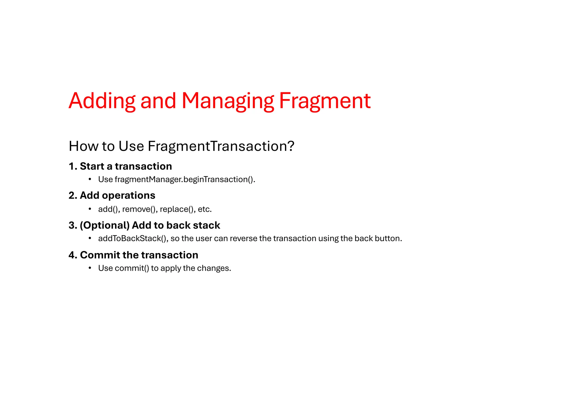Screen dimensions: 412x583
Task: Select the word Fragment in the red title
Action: tap(325, 101)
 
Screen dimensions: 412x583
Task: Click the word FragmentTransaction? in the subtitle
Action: tap(221, 146)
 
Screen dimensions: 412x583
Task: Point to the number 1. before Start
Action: tap(73, 166)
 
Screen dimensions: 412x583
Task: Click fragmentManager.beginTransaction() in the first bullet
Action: tap(184, 179)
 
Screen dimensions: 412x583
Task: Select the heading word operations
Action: tap(129, 195)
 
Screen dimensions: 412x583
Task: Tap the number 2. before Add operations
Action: tap(73, 195)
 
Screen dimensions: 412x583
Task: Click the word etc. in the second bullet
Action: tap(205, 209)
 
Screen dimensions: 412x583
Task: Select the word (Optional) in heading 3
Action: tap(105, 225)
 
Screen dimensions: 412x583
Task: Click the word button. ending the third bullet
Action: tap(388, 238)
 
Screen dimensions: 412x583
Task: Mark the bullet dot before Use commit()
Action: tap(90, 268)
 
